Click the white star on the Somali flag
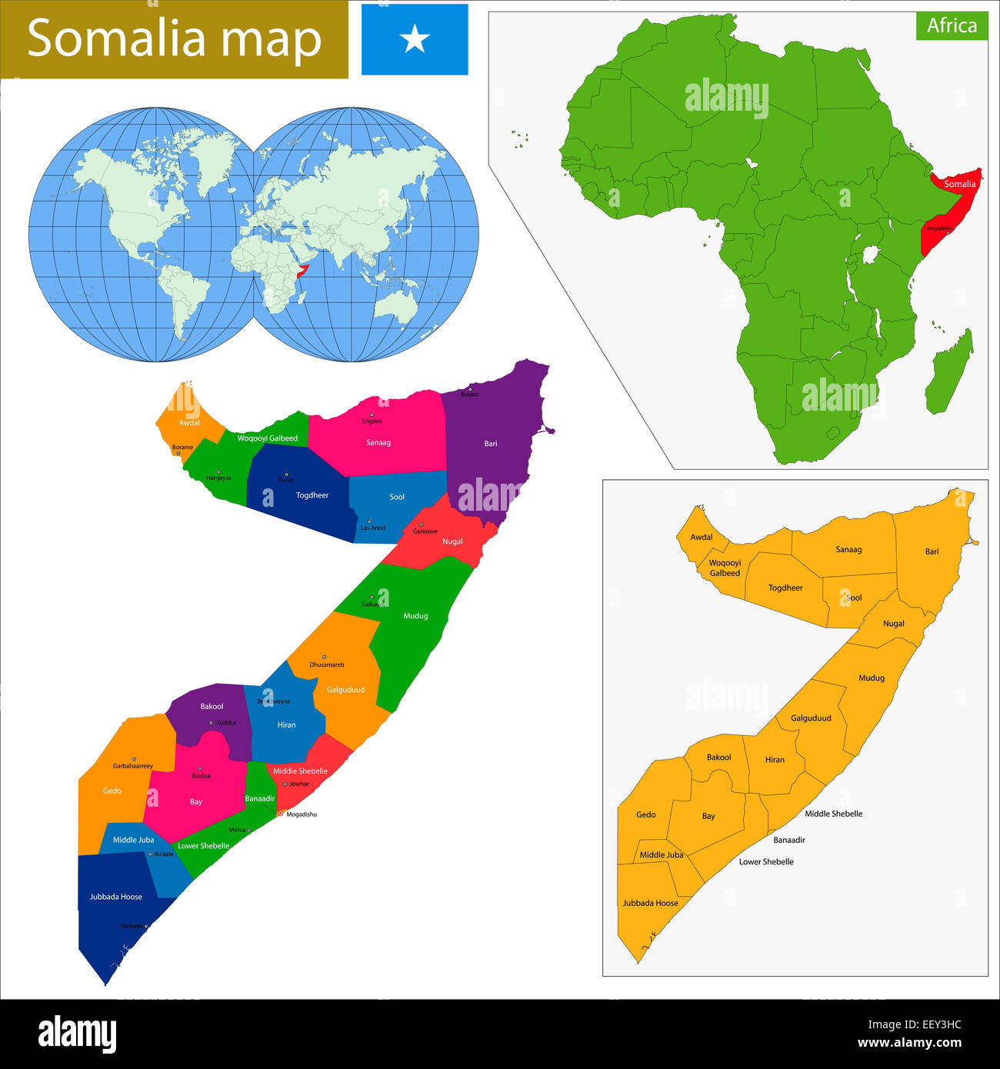[415, 38]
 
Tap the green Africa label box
[952, 25]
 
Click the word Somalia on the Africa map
[959, 184]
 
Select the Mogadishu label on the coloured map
[301, 814]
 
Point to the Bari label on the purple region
[491, 444]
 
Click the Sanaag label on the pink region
[378, 442]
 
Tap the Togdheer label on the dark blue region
[312, 495]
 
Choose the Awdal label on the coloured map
[189, 423]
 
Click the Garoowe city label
[425, 531]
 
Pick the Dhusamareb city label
[327, 664]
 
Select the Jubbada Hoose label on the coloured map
[116, 897]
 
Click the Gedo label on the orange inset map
[646, 814]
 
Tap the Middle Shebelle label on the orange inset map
[833, 814]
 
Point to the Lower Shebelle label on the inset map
[766, 861]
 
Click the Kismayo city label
[132, 926]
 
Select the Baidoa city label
[201, 776]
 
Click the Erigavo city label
[372, 421]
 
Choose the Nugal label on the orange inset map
[893, 624]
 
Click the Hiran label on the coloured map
[286, 724]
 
